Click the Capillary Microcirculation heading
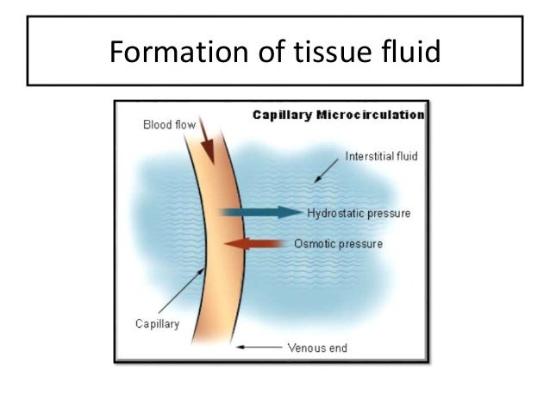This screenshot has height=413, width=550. [337, 114]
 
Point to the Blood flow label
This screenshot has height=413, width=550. [168, 125]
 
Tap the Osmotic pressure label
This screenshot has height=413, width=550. [338, 244]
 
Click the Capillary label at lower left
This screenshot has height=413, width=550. [157, 324]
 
